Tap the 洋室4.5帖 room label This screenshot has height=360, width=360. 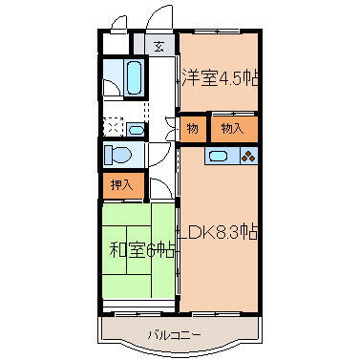[x=221, y=77]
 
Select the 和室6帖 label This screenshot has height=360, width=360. [x=139, y=251]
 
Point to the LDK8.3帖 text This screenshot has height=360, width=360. [x=222, y=232]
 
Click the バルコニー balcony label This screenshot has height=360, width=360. [x=174, y=335]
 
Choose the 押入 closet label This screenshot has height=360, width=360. [x=120, y=183]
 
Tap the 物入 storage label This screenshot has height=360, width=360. [x=231, y=127]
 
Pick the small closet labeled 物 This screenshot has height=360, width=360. [x=192, y=127]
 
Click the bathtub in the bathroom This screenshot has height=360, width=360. [x=132, y=76]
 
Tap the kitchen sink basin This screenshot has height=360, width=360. [x=218, y=156]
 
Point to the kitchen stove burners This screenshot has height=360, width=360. [x=248, y=156]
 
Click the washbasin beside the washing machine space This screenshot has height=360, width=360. [x=136, y=128]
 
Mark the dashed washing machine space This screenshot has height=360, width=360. [x=112, y=127]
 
